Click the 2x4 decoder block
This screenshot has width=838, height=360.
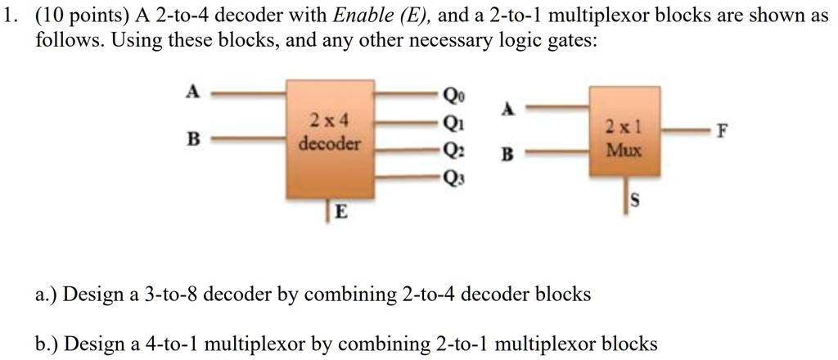327,139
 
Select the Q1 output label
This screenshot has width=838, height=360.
451,122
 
